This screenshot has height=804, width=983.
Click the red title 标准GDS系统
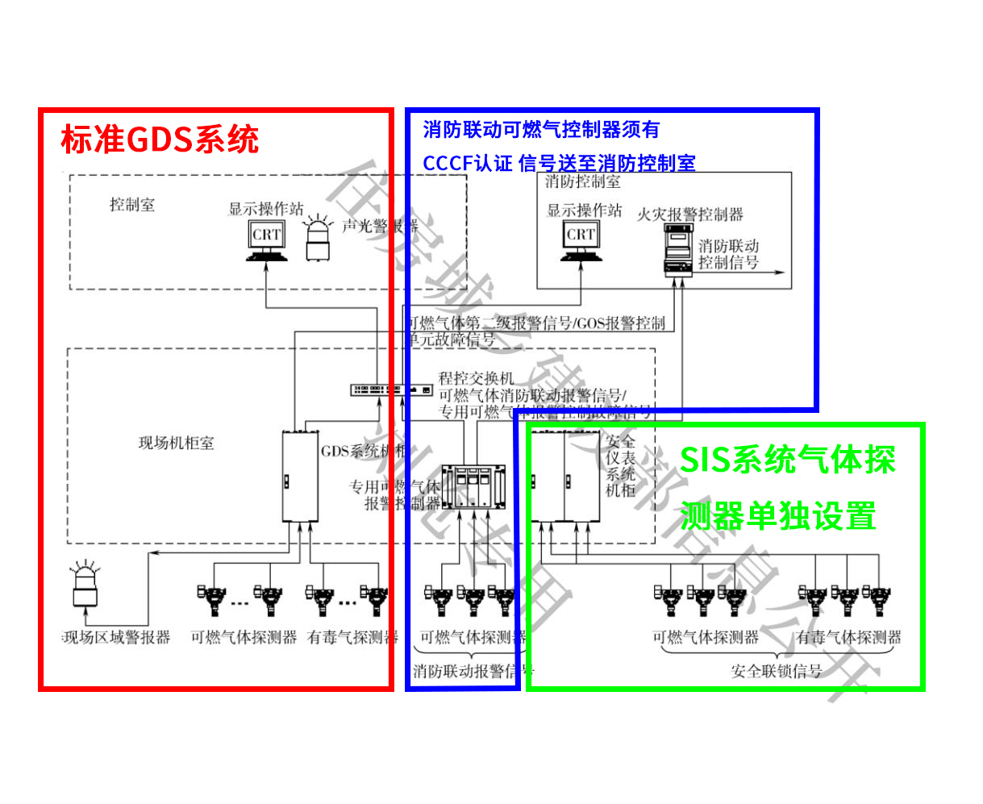click(x=160, y=140)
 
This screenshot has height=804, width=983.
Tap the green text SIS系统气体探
click(x=787, y=460)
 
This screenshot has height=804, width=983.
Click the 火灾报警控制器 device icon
click(x=677, y=250)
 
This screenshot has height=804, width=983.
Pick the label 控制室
click(x=132, y=205)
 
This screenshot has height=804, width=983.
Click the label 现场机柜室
click(x=176, y=443)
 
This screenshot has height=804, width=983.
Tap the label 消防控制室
click(x=582, y=182)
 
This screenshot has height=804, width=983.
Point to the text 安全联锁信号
click(x=776, y=671)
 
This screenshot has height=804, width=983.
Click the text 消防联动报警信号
click(x=473, y=671)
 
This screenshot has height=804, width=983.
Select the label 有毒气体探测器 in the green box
click(x=848, y=637)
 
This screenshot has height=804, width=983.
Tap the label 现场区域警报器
click(x=117, y=637)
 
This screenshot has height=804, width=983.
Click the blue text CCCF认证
click(x=468, y=163)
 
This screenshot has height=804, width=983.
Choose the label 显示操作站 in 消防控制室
click(x=584, y=210)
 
